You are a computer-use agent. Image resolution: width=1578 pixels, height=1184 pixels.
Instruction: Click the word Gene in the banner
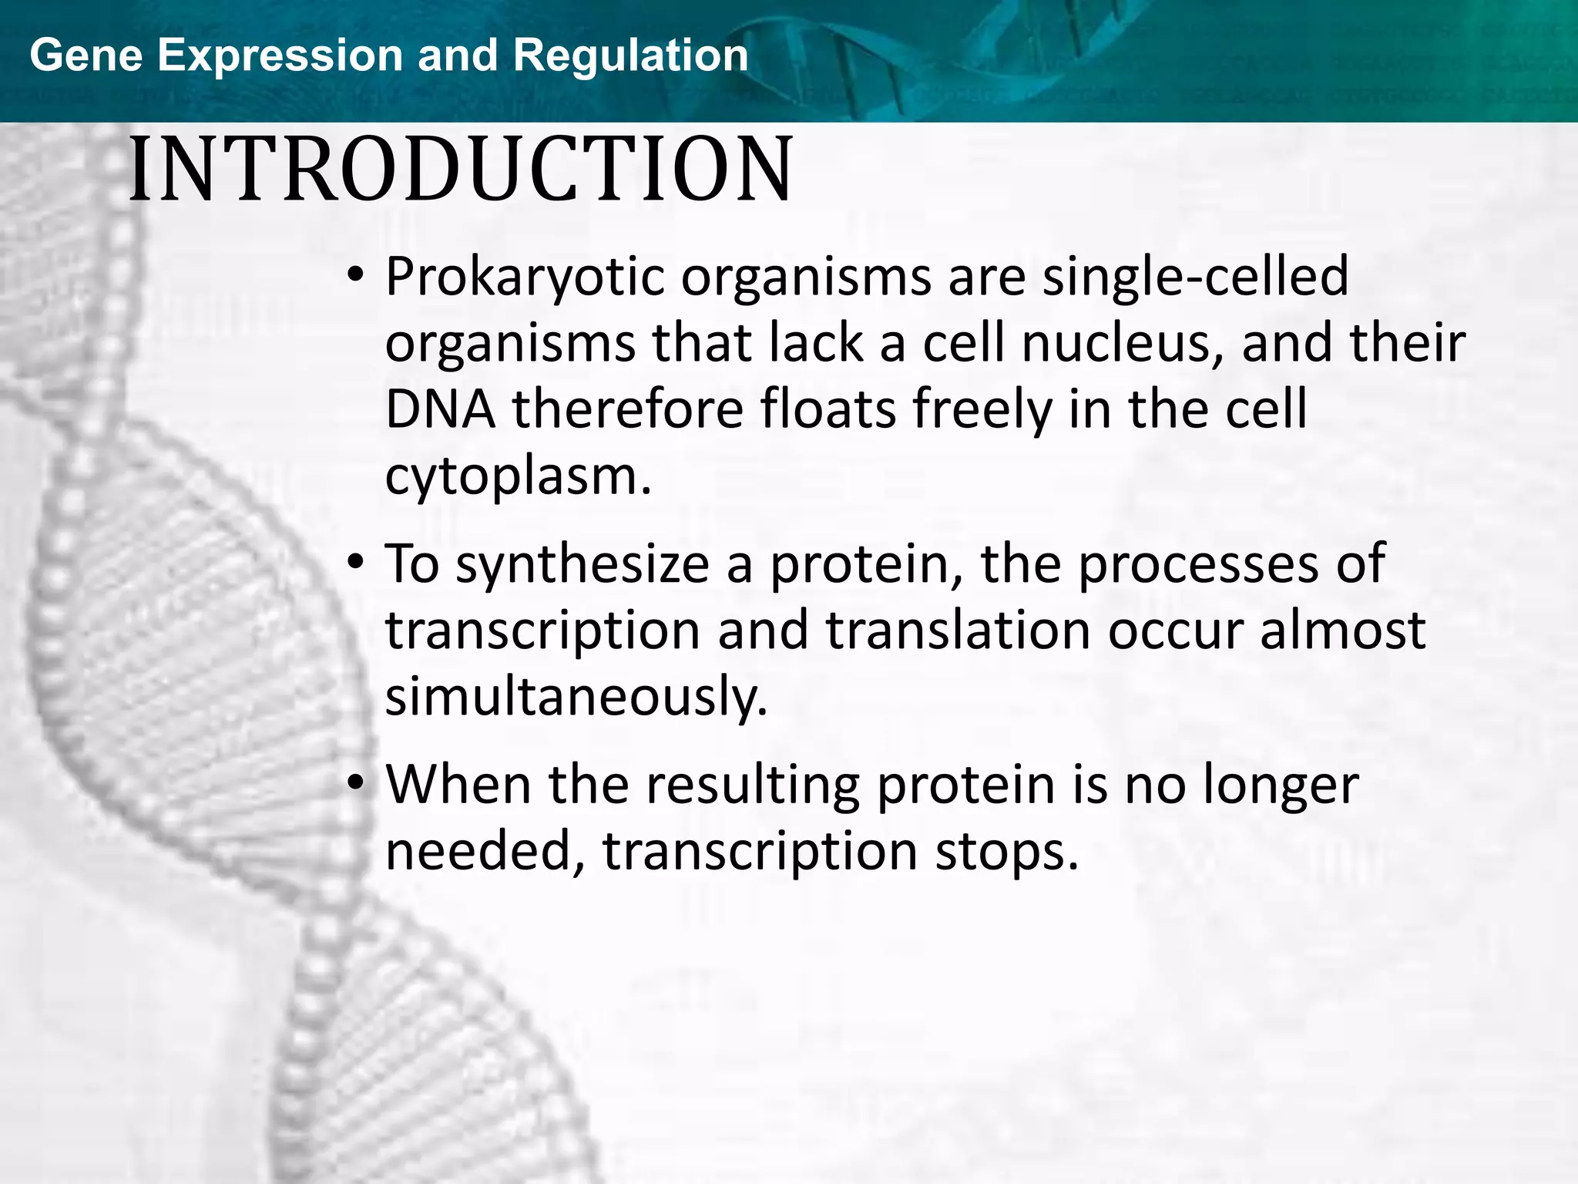point(86,55)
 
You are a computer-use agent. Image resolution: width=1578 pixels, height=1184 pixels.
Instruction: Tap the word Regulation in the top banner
point(630,55)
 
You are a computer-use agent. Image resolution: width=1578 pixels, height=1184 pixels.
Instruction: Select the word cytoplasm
point(518,476)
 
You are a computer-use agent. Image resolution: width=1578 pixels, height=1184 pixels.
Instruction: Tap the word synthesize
point(582,564)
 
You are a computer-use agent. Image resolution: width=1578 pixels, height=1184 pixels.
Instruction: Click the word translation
point(958,631)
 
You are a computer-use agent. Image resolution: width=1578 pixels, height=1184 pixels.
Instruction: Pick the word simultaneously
point(576,697)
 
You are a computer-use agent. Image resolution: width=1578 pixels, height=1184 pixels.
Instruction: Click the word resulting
point(752,785)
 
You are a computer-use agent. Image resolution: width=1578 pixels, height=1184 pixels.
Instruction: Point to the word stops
point(1006,852)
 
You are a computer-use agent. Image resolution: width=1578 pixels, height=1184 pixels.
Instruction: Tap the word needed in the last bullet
point(485,852)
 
